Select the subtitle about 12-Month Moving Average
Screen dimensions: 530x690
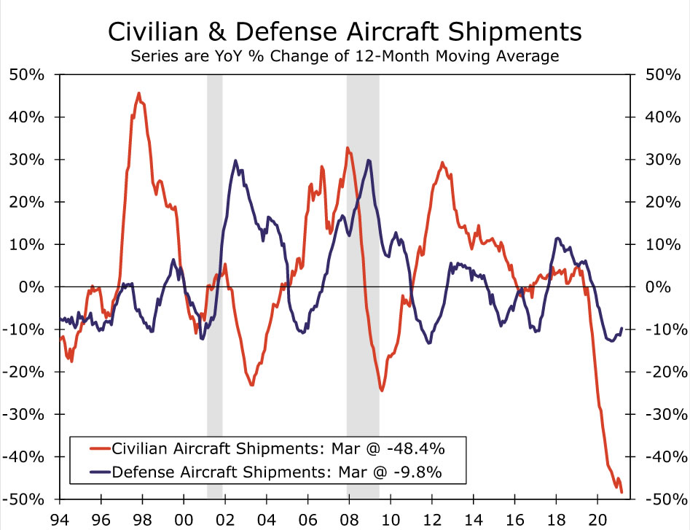tap(345, 55)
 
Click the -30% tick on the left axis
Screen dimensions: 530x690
tap(26, 414)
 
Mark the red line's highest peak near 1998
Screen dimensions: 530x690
tap(138, 93)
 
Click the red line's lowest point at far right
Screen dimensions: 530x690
tap(622, 492)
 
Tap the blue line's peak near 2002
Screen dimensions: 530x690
tap(235, 161)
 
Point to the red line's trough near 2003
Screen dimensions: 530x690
tap(252, 384)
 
